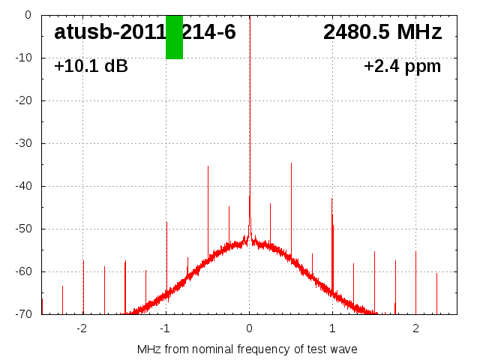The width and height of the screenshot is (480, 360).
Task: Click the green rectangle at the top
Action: tap(174, 37)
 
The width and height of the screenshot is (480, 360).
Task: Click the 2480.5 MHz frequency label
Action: tap(382, 32)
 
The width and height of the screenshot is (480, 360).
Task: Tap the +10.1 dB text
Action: tap(91, 66)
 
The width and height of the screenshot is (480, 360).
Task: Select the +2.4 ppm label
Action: tap(402, 66)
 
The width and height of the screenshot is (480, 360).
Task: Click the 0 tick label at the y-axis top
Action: tap(27, 15)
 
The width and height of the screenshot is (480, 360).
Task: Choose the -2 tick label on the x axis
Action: tap(82, 328)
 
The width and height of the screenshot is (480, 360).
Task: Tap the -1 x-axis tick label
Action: tap(165, 328)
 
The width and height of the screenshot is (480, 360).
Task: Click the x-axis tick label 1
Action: tap(332, 328)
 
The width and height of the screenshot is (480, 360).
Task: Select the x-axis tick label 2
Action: tap(415, 328)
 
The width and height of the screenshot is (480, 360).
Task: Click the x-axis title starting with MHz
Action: tap(247, 349)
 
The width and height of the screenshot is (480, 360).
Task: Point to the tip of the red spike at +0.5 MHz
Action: tap(291, 163)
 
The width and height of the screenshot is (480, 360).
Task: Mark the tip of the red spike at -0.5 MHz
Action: tap(208, 166)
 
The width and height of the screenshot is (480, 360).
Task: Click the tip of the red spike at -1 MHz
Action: tap(166, 223)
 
